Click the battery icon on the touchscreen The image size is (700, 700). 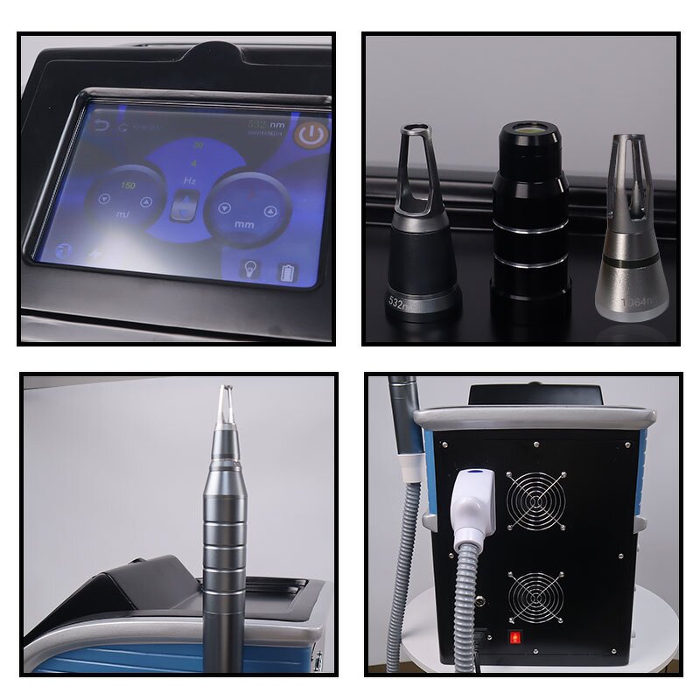pyautogui.click(x=287, y=272)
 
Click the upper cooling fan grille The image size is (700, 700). pyautogui.click(x=535, y=500)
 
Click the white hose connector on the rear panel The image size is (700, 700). pyautogui.click(x=474, y=502)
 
